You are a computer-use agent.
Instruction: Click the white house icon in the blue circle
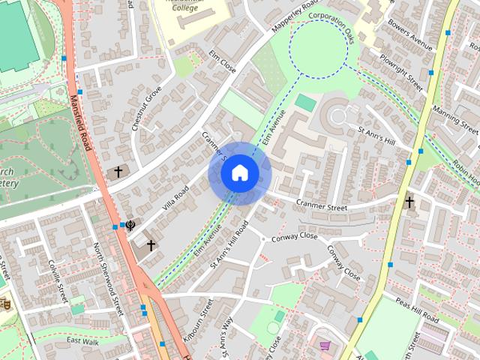pyautogui.click(x=240, y=173)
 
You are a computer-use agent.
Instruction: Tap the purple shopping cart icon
pyautogui.click(x=325, y=346)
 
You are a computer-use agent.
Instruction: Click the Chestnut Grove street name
pyautogui.click(x=147, y=109)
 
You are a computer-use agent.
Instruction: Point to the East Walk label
pyautogui.click(x=82, y=341)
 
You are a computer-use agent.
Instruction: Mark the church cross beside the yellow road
pyautogui.click(x=409, y=202)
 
